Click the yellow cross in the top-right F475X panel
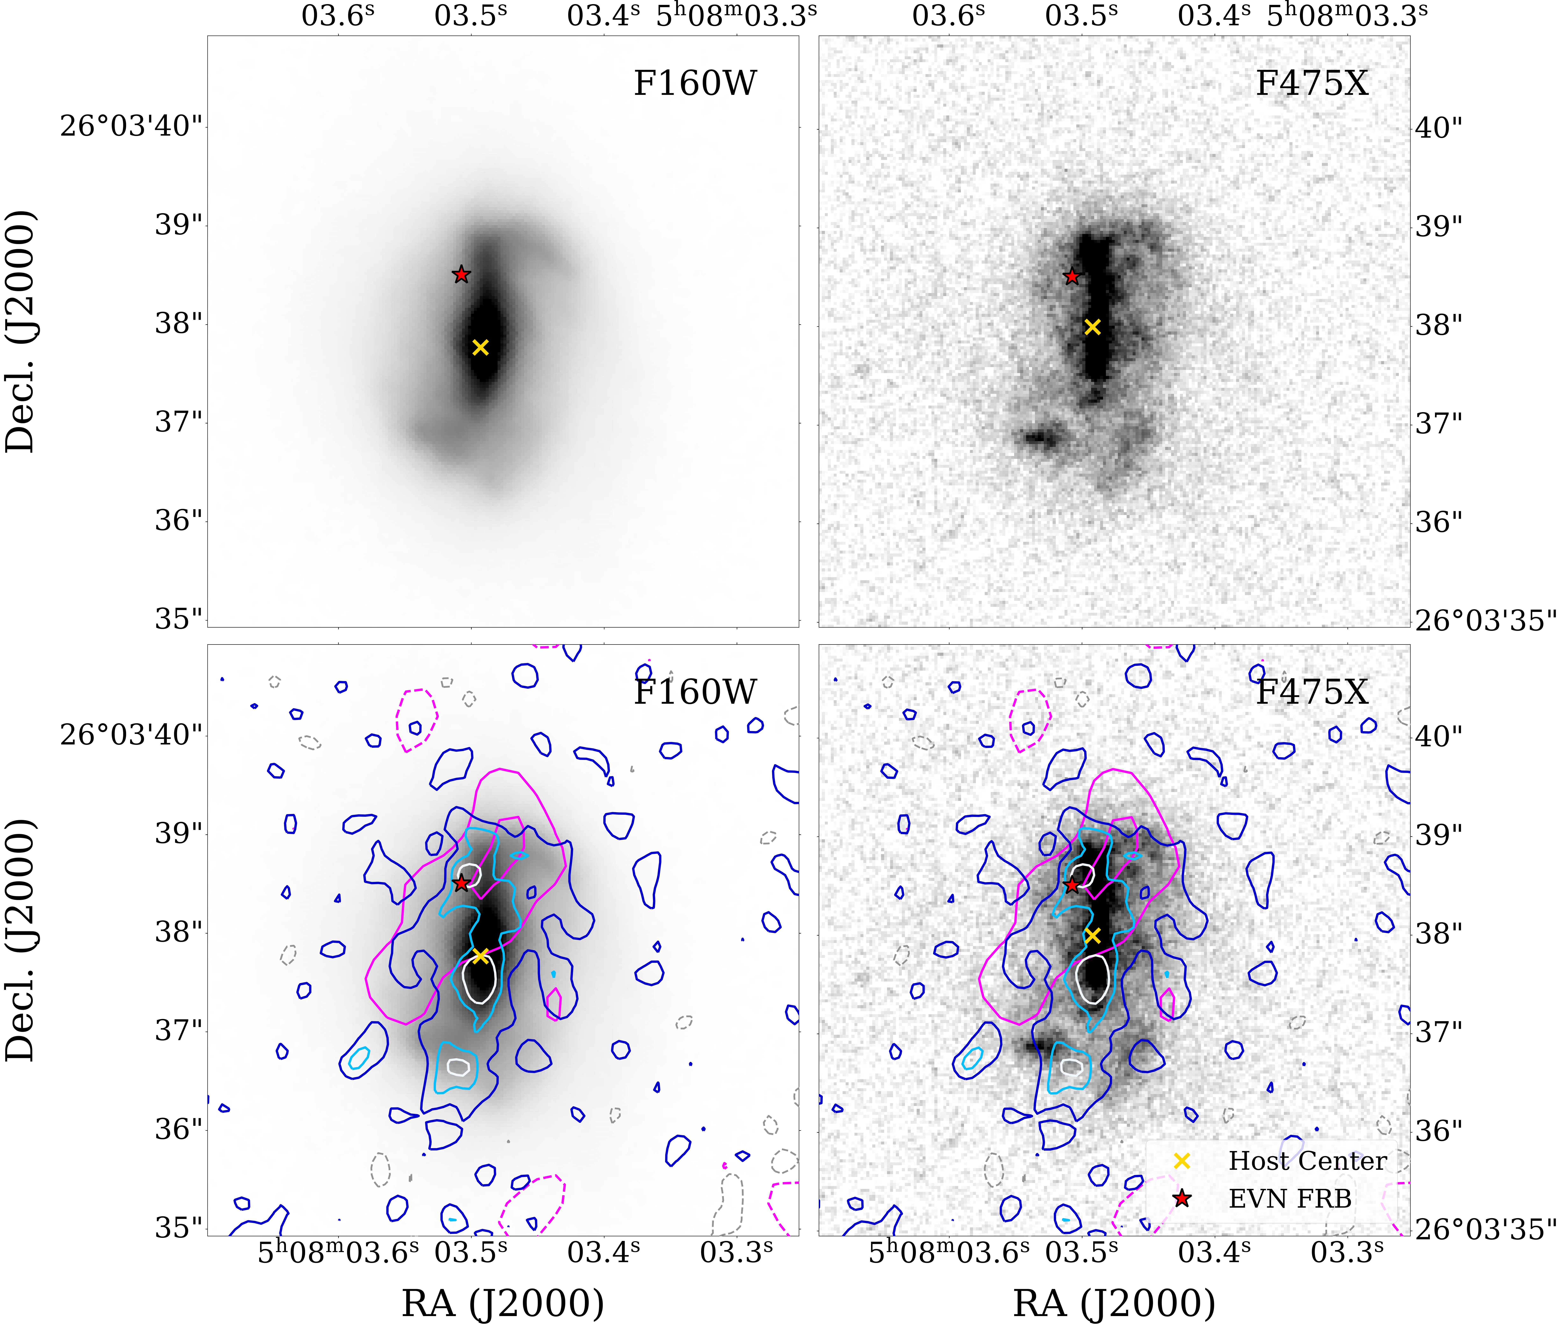(x=1092, y=327)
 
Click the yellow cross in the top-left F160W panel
(x=480, y=347)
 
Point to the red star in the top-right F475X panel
(x=1072, y=276)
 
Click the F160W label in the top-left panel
(x=694, y=83)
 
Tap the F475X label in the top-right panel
(x=1312, y=83)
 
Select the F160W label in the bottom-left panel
(x=694, y=692)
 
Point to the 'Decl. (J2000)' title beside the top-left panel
(x=20, y=331)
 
